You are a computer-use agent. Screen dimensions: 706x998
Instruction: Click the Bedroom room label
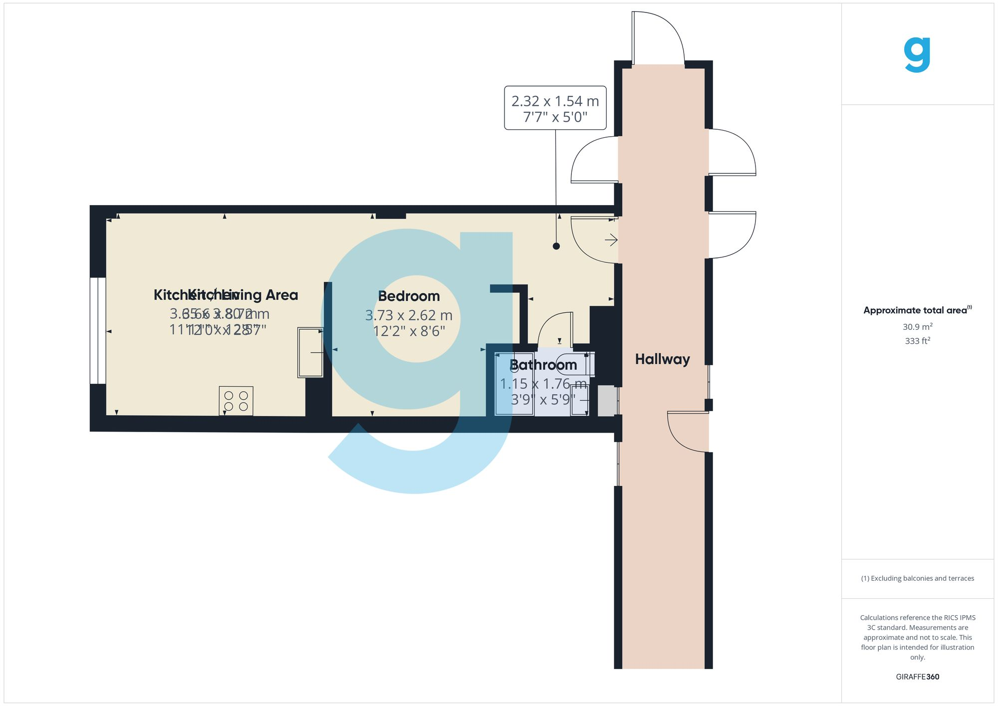pos(409,296)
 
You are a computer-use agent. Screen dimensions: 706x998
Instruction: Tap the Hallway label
pos(662,359)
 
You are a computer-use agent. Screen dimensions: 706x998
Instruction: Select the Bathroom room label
pos(543,365)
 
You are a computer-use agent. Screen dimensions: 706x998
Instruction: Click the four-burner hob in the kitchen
pos(236,401)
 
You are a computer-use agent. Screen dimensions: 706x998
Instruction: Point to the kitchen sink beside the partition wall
pos(310,352)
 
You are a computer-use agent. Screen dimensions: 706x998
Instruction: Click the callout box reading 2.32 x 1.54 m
pos(555,108)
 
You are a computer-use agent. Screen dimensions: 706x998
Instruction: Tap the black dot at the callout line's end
pos(556,246)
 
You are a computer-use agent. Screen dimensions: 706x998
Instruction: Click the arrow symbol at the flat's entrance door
pos(611,240)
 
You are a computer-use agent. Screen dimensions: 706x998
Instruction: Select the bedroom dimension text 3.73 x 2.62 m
pos(409,315)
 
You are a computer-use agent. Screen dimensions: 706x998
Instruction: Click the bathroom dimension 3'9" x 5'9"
pos(543,400)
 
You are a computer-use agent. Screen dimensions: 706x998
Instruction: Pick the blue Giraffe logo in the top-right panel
pos(917,55)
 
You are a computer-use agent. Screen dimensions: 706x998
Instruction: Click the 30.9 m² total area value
pos(917,327)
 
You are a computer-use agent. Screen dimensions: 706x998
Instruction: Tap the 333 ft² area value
pos(917,341)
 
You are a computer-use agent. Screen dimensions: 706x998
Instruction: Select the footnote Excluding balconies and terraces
pos(917,578)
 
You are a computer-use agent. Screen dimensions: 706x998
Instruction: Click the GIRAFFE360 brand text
pos(917,677)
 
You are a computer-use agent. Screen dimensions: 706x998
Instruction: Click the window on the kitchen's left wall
pos(98,331)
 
